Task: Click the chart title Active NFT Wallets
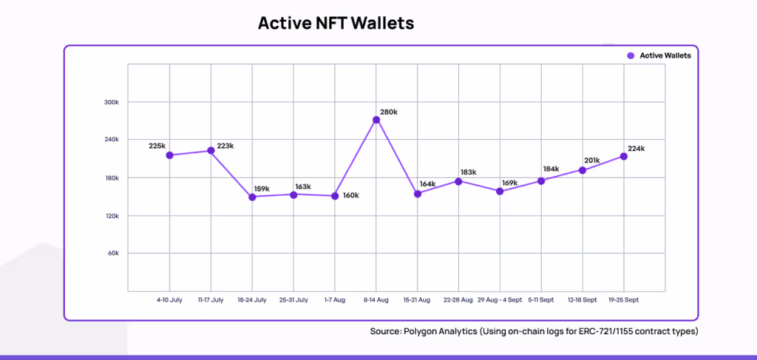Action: tap(336, 23)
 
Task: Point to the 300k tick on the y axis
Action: tap(111, 102)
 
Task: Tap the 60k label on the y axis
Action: tap(112, 254)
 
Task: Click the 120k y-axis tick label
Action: tap(111, 216)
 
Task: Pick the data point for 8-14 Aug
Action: tap(376, 120)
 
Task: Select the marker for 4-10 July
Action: tap(170, 155)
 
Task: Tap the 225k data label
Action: tap(157, 146)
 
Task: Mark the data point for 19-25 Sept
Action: tap(624, 156)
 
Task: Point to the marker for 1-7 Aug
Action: tap(335, 196)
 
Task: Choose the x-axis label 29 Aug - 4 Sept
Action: tap(500, 300)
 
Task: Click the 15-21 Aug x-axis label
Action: tap(418, 300)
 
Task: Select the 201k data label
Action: tap(591, 160)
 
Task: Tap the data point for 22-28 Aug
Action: tap(459, 181)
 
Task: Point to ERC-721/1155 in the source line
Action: tap(612, 331)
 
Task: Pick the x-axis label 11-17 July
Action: tap(211, 300)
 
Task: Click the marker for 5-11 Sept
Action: tap(541, 181)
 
